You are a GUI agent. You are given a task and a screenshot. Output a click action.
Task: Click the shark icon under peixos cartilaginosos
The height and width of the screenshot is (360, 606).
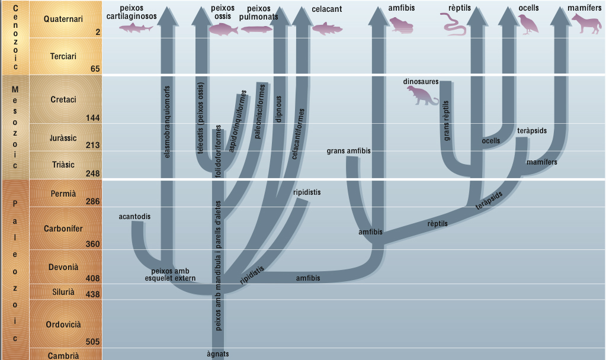(132, 27)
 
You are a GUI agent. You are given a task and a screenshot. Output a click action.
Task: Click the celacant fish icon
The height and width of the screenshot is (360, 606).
(328, 27)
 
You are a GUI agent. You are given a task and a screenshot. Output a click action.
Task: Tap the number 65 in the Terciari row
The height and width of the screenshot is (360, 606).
(95, 69)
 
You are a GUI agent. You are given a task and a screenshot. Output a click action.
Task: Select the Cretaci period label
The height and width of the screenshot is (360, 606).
(64, 99)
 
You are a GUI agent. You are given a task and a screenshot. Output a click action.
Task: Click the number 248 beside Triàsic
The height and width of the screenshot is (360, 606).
(92, 174)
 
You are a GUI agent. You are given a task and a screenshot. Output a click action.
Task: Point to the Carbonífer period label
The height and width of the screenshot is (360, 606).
(63, 229)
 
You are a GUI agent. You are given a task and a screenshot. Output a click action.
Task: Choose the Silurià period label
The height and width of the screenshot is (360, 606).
(63, 292)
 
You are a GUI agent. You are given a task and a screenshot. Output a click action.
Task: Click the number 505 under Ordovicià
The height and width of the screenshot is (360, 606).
(92, 342)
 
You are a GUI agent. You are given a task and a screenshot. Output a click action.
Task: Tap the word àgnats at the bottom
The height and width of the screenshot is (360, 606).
(217, 354)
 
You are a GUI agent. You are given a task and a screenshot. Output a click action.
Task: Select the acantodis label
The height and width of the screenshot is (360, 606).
(134, 217)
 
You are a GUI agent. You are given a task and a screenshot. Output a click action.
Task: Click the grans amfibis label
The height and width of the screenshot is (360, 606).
(348, 151)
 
